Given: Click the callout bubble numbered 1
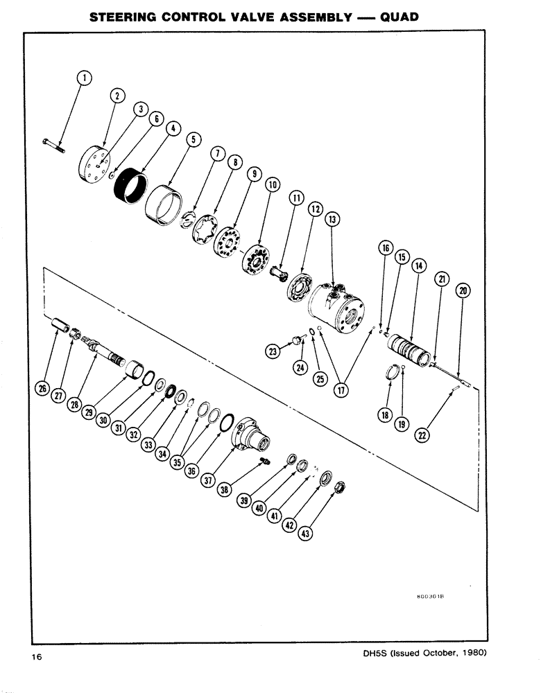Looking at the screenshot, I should pos(83,79).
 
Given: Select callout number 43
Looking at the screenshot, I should pos(305,533).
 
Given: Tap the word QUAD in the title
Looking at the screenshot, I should pos(400,15).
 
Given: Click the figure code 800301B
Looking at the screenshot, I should pos(429,595).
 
